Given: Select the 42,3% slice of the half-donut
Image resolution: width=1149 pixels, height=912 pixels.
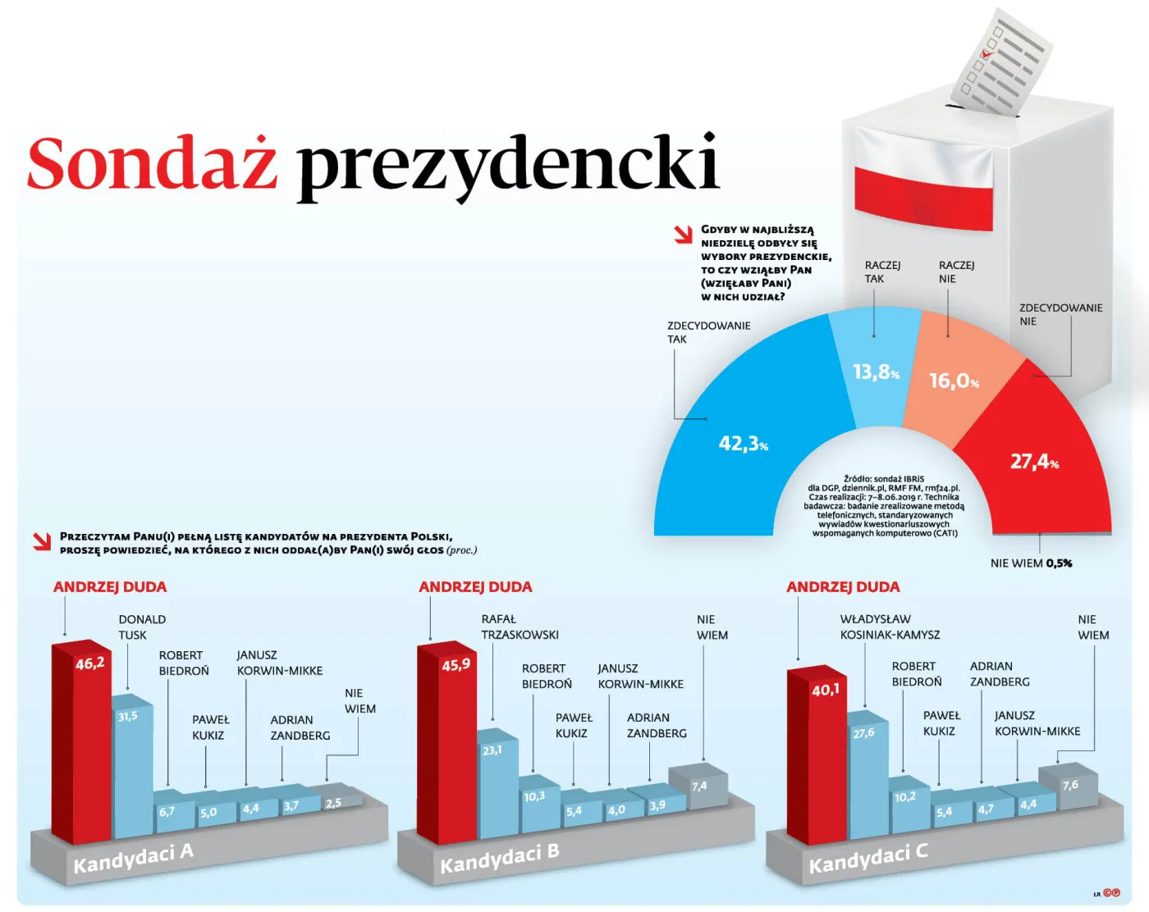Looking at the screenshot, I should [730, 435].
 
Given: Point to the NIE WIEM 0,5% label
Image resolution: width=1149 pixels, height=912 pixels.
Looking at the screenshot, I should [1031, 563].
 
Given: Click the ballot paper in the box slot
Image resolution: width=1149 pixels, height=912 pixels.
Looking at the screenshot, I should [1001, 62].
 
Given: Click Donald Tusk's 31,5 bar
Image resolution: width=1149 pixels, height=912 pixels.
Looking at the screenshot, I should [131, 763].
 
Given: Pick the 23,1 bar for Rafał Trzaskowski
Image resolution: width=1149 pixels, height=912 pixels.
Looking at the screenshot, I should [497, 783].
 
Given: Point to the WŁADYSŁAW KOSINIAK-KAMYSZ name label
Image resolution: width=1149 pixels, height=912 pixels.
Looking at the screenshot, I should [890, 627].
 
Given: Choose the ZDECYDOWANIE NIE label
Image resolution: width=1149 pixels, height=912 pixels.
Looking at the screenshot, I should [1060, 314].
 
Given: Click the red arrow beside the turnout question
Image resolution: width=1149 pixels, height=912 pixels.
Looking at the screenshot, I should [683, 235].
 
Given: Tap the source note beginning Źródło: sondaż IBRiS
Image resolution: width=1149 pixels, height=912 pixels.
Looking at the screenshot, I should [885, 505].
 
